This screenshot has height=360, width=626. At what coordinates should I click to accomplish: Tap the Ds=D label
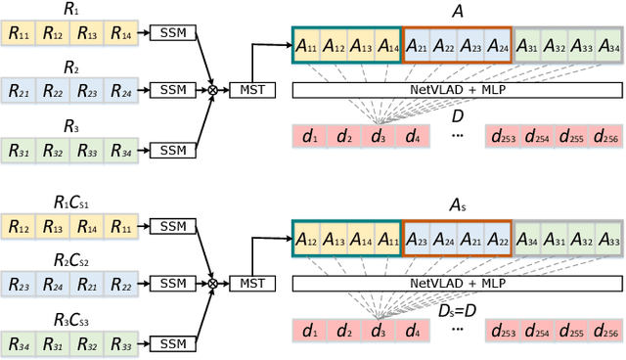(456, 310)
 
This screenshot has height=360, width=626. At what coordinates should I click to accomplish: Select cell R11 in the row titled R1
(19, 34)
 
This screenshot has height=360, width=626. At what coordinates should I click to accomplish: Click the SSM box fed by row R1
(172, 34)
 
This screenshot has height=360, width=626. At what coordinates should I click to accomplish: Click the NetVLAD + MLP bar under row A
(456, 89)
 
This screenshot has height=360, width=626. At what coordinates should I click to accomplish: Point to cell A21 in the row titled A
(417, 46)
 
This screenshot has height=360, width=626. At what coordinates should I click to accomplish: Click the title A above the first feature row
(456, 12)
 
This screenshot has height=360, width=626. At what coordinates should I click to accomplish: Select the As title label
(456, 205)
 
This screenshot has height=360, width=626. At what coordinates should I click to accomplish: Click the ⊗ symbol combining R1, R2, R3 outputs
(212, 90)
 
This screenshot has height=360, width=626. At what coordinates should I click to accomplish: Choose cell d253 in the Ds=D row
(504, 331)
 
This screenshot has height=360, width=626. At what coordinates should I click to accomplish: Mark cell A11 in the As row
(388, 240)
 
